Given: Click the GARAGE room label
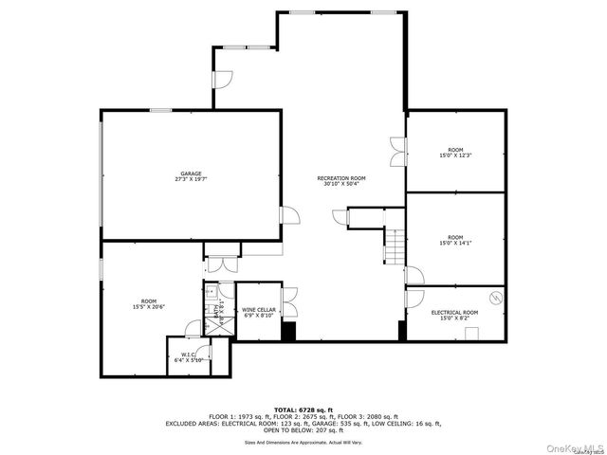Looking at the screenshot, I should tap(192, 173).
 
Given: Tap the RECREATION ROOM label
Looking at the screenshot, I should tap(341, 178).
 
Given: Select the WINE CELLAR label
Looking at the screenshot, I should tap(259, 309).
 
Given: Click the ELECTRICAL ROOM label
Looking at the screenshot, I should tap(454, 312).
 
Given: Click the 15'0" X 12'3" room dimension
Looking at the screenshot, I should tap(455, 155).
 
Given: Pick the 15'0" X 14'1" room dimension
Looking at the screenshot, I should tap(455, 242).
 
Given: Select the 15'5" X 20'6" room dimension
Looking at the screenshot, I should tap(149, 306).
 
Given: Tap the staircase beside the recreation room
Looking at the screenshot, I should tap(394, 248).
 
